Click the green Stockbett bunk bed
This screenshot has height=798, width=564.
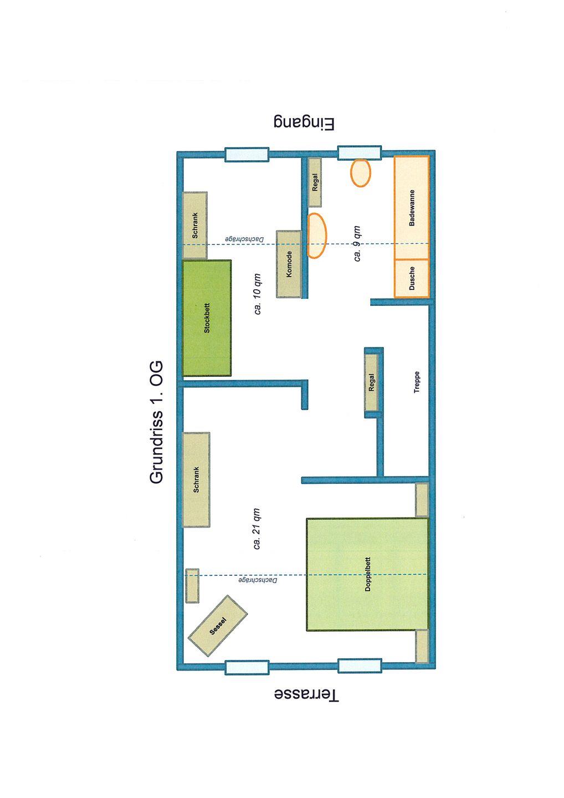(207, 318)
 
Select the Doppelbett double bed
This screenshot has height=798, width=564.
(367, 574)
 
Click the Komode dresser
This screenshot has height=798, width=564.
(289, 264)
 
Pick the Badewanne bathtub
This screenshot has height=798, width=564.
(411, 207)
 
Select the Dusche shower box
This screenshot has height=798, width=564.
(411, 278)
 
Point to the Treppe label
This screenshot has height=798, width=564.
(417, 382)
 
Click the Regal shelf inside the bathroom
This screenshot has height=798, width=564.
(315, 182)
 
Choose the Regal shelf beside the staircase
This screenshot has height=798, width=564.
(371, 382)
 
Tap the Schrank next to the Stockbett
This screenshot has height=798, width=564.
(195, 225)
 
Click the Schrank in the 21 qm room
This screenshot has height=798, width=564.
(196, 479)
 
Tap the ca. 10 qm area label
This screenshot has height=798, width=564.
(258, 294)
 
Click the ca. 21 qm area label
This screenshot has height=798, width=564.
(257, 529)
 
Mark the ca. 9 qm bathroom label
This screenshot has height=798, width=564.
(357, 244)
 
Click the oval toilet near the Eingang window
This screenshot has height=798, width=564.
(361, 173)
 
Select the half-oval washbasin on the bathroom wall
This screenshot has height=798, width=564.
(316, 236)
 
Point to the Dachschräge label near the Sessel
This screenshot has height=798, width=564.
(258, 580)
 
